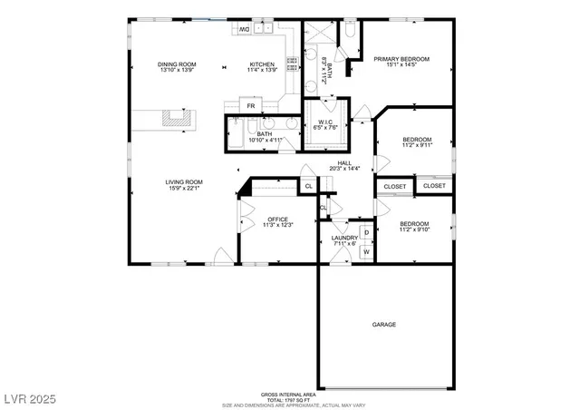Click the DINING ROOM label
click(177, 64)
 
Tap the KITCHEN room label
click(262, 64)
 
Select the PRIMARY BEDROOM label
click(401, 59)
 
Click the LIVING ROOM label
click(183, 182)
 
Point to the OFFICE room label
click(276, 219)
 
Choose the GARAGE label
click(384, 324)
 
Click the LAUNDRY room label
click(344, 238)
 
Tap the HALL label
click(344, 162)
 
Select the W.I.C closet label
click(324, 121)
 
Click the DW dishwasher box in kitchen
click(244, 29)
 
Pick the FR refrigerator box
click(251, 106)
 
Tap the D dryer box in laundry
click(366, 233)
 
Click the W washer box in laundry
click(366, 251)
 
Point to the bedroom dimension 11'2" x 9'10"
click(414, 229)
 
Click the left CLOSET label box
click(394, 186)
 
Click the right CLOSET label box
click(434, 186)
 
